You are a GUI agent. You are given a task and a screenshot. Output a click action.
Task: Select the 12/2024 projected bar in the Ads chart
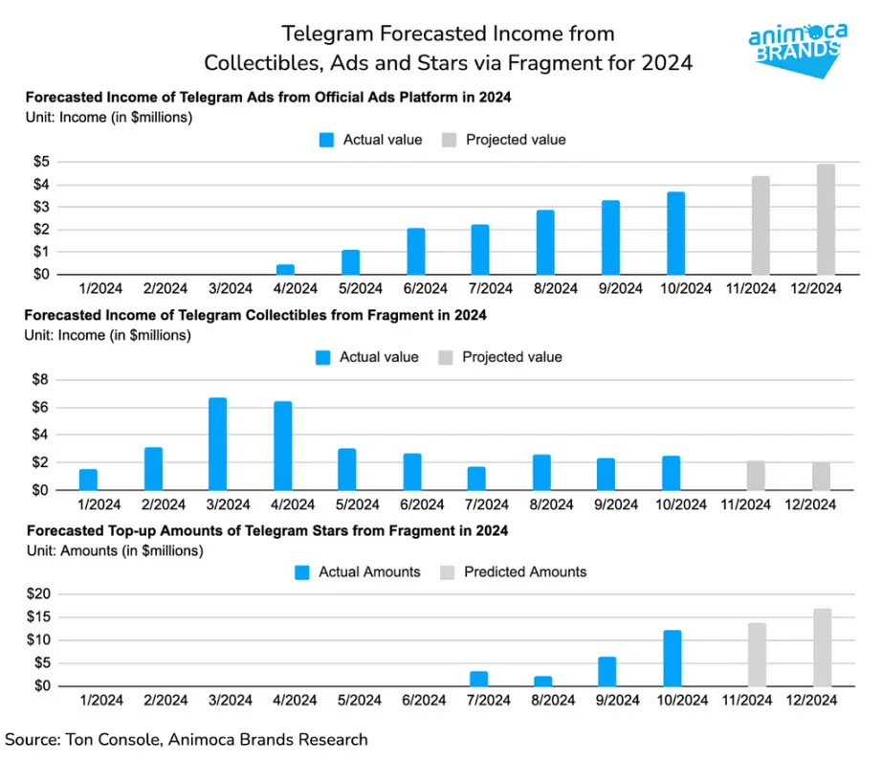pyautogui.click(x=826, y=219)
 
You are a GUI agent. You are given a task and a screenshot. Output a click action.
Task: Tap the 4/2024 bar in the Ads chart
pyautogui.click(x=285, y=269)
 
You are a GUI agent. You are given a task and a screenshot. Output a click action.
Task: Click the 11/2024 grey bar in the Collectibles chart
pyautogui.click(x=756, y=475)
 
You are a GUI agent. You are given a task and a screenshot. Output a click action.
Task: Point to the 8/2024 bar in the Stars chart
pyautogui.click(x=542, y=681)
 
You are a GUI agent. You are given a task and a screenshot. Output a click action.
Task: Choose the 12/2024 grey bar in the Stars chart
pyautogui.click(x=823, y=647)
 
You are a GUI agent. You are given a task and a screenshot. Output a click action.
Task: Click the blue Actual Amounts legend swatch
pyautogui.click(x=302, y=572)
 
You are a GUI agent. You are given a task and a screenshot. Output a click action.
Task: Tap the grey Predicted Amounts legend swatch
pyautogui.click(x=448, y=572)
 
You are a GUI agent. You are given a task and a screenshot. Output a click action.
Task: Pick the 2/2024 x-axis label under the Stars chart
pyautogui.click(x=165, y=701)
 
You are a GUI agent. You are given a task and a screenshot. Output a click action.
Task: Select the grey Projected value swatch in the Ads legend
pyautogui.click(x=450, y=140)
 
